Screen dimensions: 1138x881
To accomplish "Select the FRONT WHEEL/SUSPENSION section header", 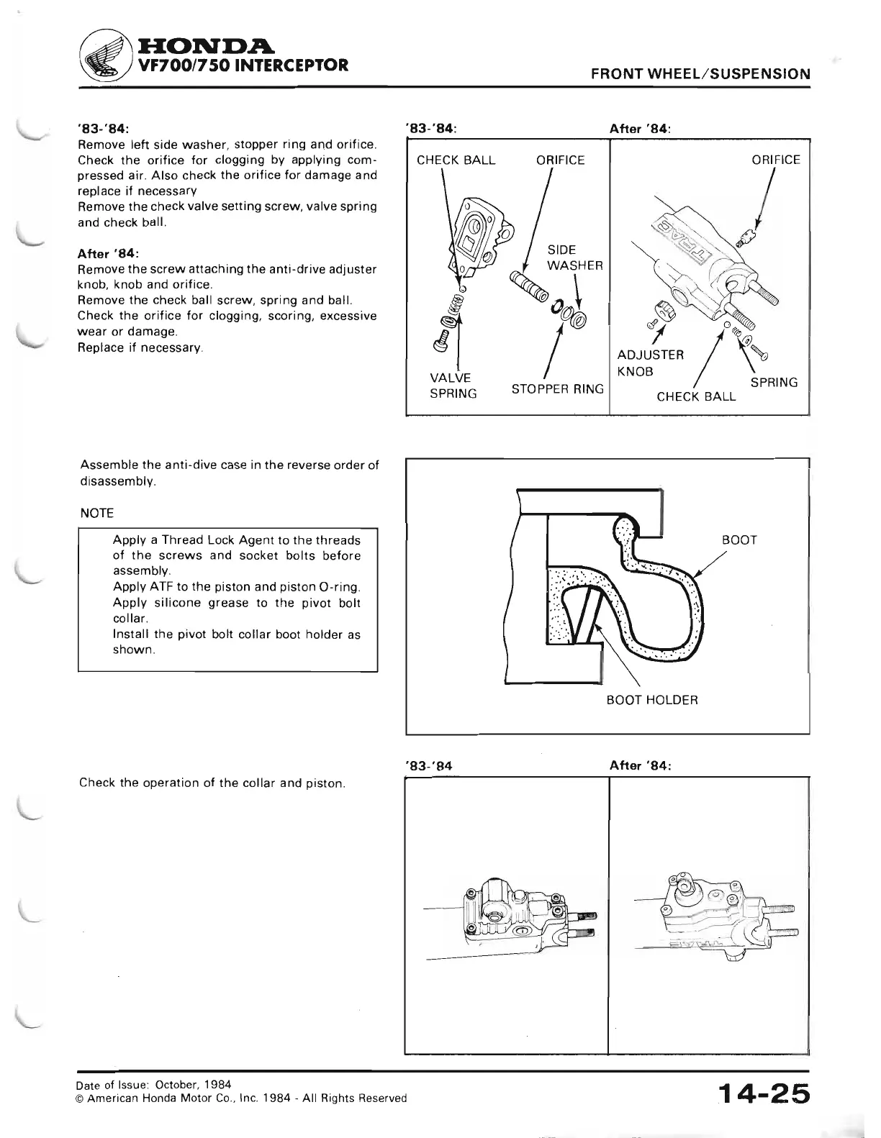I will (x=700, y=74).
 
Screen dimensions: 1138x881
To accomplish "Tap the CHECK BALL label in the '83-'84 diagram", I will (x=456, y=160).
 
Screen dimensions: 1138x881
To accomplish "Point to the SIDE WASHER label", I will (x=574, y=258).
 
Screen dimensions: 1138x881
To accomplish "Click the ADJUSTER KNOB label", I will (x=650, y=363).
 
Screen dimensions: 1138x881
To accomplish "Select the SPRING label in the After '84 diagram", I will (x=774, y=383).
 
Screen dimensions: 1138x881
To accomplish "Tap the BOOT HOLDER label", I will (x=651, y=699).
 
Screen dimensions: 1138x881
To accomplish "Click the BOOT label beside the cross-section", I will (x=739, y=540).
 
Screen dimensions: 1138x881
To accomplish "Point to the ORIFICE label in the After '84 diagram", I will (x=775, y=160).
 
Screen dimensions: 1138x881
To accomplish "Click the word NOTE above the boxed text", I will (x=97, y=513).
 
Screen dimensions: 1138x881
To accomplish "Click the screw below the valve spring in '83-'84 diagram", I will (x=440, y=341).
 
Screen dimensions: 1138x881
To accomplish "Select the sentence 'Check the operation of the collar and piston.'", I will (x=212, y=783).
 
